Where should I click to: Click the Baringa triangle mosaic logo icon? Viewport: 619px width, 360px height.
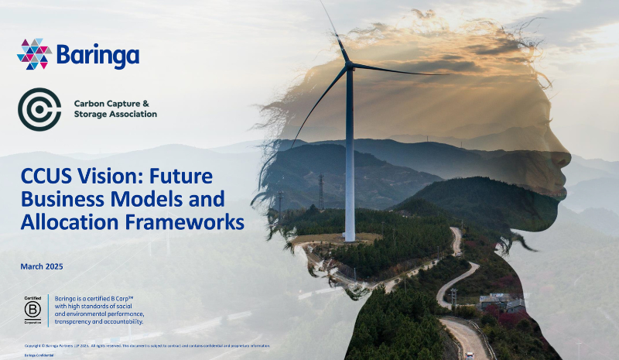[34, 54]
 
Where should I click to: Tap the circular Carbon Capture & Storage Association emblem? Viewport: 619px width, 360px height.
[39, 109]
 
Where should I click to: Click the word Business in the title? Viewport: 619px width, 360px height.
[66, 198]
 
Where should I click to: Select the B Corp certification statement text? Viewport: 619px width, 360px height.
[100, 309]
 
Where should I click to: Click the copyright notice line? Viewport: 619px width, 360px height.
[147, 345]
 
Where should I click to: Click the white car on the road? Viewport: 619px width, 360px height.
[470, 355]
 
